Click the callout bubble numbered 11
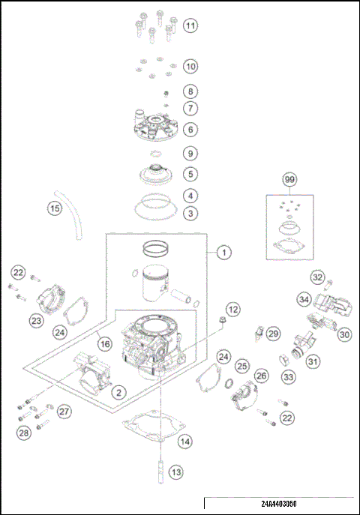click(190, 26)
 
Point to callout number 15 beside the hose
click(55, 208)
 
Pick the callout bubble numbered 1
click(223, 253)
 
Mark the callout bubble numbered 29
click(273, 333)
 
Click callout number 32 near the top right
click(317, 277)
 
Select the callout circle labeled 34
click(303, 299)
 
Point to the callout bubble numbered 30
click(344, 335)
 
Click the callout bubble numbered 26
click(260, 375)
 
